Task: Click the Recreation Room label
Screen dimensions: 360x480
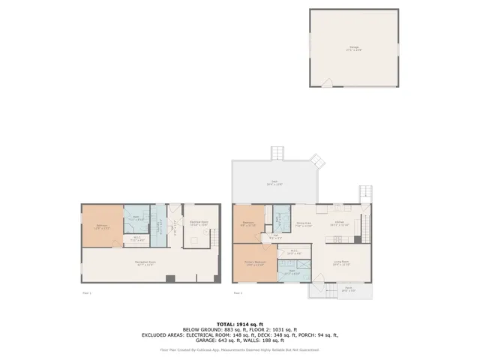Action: coord(145,262)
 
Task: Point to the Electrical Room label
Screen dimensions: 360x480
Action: coord(198,223)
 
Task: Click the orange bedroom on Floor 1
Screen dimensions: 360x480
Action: coord(102,225)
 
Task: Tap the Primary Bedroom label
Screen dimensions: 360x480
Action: coord(255,263)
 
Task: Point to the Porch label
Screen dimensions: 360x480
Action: coord(349,289)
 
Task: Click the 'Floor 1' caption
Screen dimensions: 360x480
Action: coord(85,293)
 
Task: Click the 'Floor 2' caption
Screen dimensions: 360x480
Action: coord(238,293)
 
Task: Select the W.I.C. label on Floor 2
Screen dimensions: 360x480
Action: coord(294,253)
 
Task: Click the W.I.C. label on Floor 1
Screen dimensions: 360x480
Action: coord(136,240)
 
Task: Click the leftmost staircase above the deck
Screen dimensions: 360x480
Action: coord(279,154)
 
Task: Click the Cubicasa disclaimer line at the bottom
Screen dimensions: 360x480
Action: coord(239,349)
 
